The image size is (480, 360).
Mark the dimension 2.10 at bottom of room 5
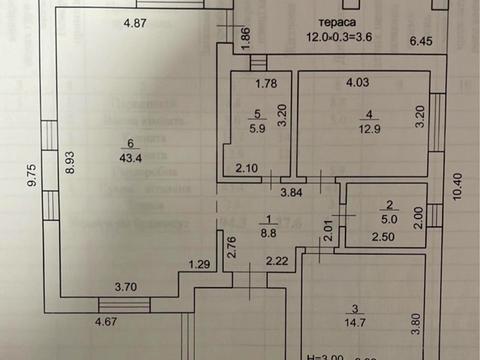pos(248,168)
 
